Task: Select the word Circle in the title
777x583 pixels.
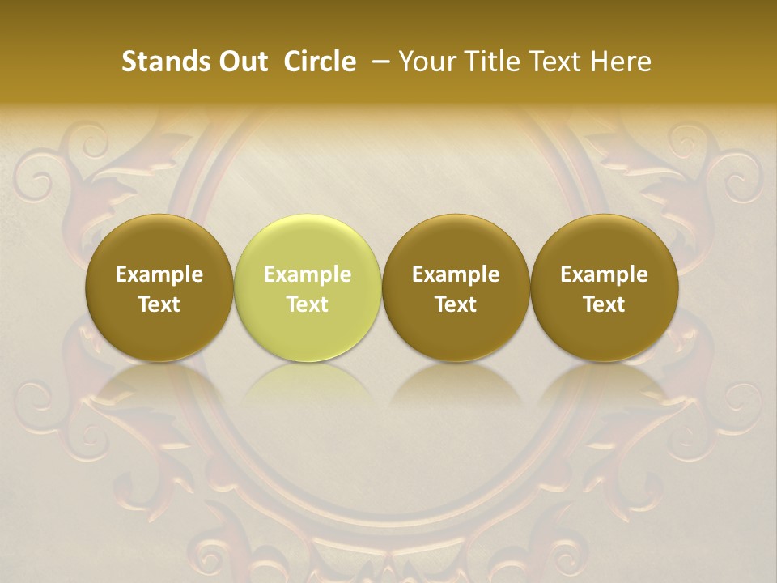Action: tap(320, 62)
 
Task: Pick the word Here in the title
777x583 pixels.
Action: tap(621, 62)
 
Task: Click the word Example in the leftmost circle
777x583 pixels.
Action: tap(159, 274)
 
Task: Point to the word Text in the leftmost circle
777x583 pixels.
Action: tap(159, 304)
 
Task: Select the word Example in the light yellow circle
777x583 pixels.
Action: tap(308, 274)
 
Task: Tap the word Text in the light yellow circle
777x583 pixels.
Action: tap(308, 304)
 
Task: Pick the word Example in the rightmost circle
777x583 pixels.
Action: tap(604, 274)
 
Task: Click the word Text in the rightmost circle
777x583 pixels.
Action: tap(604, 304)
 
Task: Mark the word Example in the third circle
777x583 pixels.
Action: tap(456, 274)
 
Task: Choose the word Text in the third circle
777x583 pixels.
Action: tap(456, 304)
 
